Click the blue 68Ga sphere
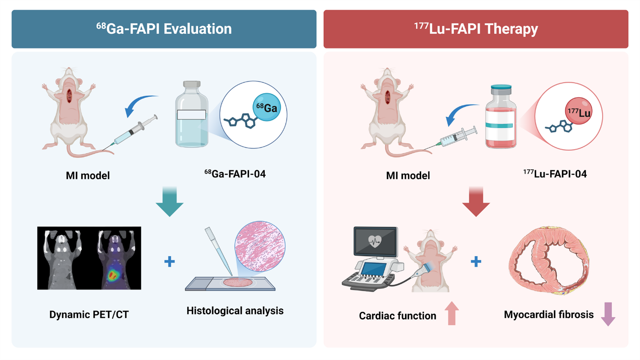point(267,107)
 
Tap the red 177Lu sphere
point(578,111)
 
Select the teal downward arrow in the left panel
point(169,202)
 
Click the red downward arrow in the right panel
point(476,202)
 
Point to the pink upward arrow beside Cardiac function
point(452,313)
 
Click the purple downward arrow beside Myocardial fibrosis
point(608,314)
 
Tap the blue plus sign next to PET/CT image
point(169,261)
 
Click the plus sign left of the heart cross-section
point(476,261)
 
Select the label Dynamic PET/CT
point(89,315)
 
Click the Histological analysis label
point(235,311)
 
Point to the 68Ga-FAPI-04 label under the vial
point(235,174)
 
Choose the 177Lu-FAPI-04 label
point(555,174)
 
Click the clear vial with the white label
point(192,114)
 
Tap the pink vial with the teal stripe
point(501,116)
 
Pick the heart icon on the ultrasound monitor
point(375,241)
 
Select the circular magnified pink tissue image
point(260,246)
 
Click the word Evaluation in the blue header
point(197,29)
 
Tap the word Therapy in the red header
point(511,29)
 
